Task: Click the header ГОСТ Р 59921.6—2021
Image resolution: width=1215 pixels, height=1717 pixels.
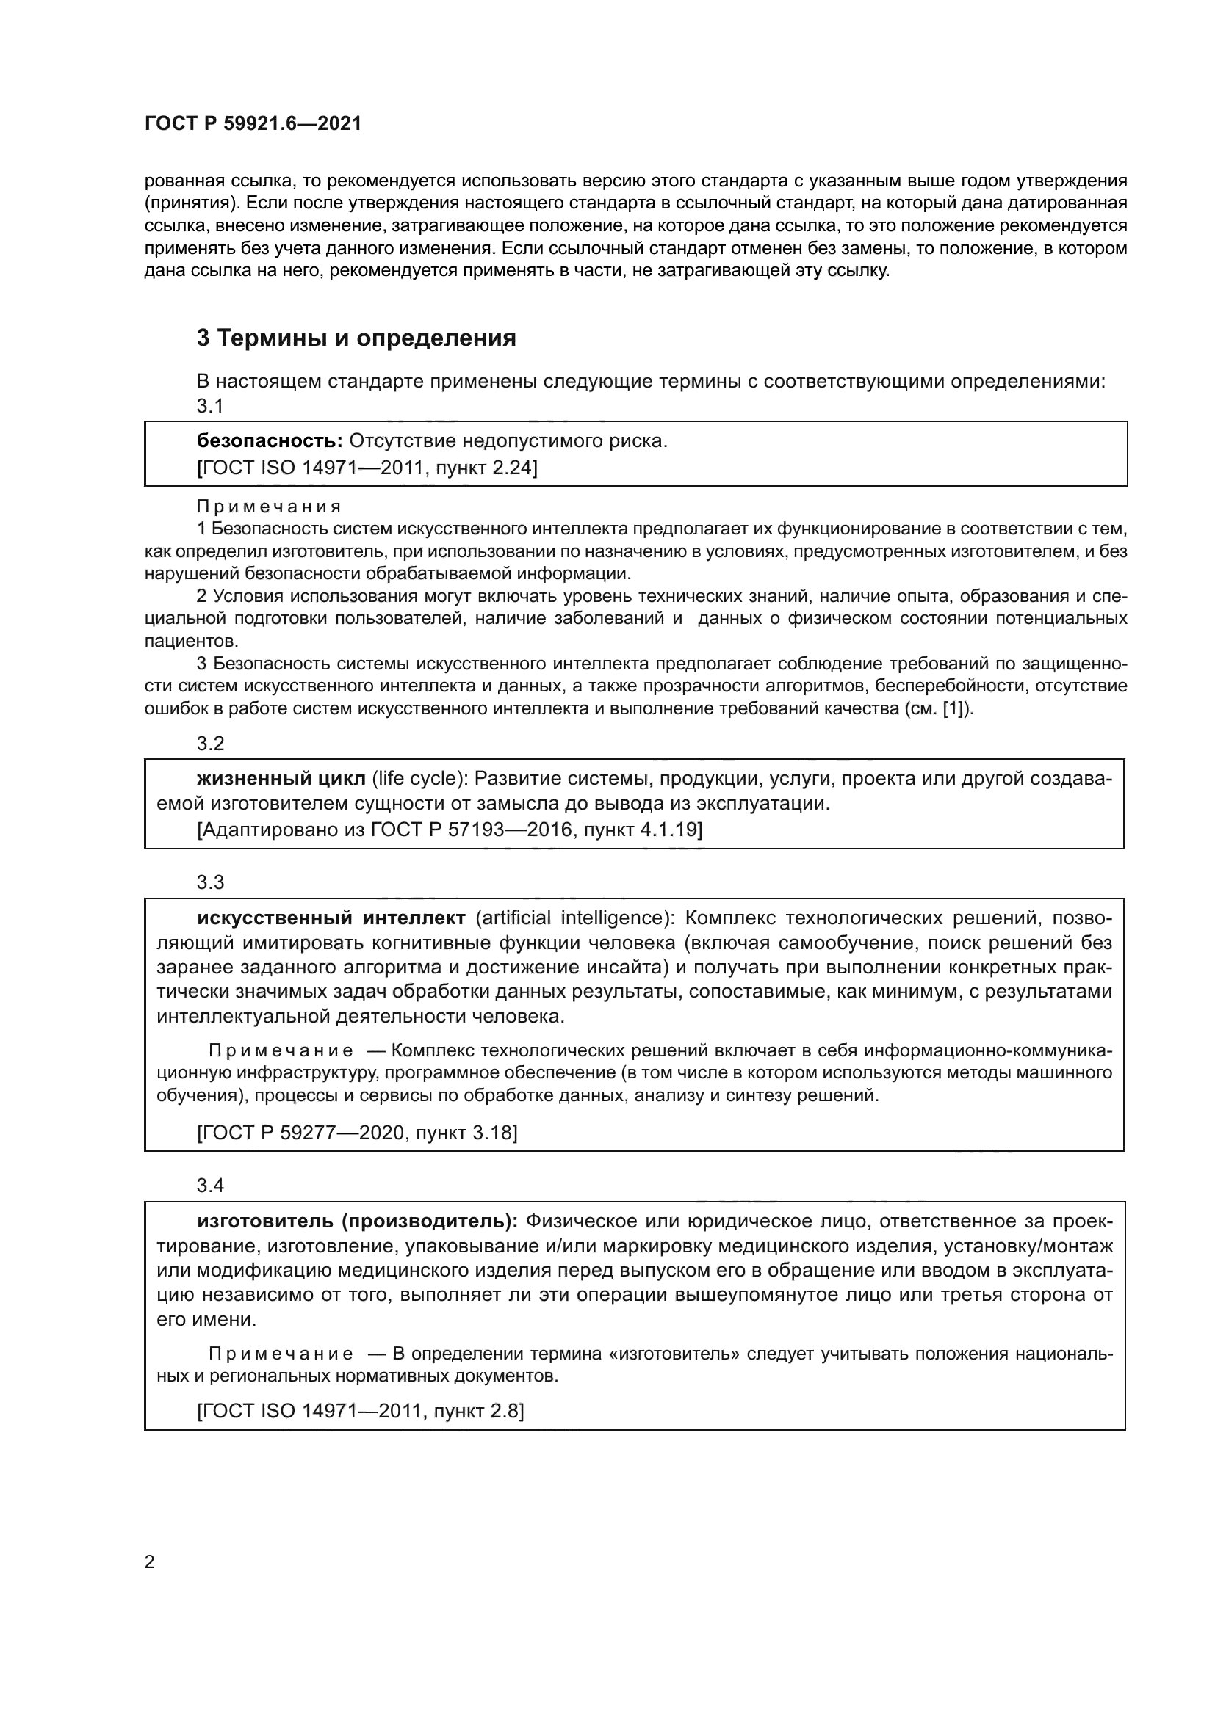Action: (x=253, y=124)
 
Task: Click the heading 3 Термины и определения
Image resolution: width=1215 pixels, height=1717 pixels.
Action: (x=356, y=338)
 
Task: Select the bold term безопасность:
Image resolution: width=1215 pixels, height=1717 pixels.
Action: (x=270, y=441)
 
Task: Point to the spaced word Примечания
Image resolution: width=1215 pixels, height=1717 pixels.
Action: (x=270, y=507)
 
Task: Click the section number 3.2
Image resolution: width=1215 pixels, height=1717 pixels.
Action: (x=210, y=744)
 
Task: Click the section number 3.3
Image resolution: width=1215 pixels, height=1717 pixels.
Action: (x=210, y=882)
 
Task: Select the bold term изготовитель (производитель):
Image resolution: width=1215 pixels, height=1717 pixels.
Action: (x=357, y=1221)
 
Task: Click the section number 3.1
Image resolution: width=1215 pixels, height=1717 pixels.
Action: (x=210, y=406)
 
